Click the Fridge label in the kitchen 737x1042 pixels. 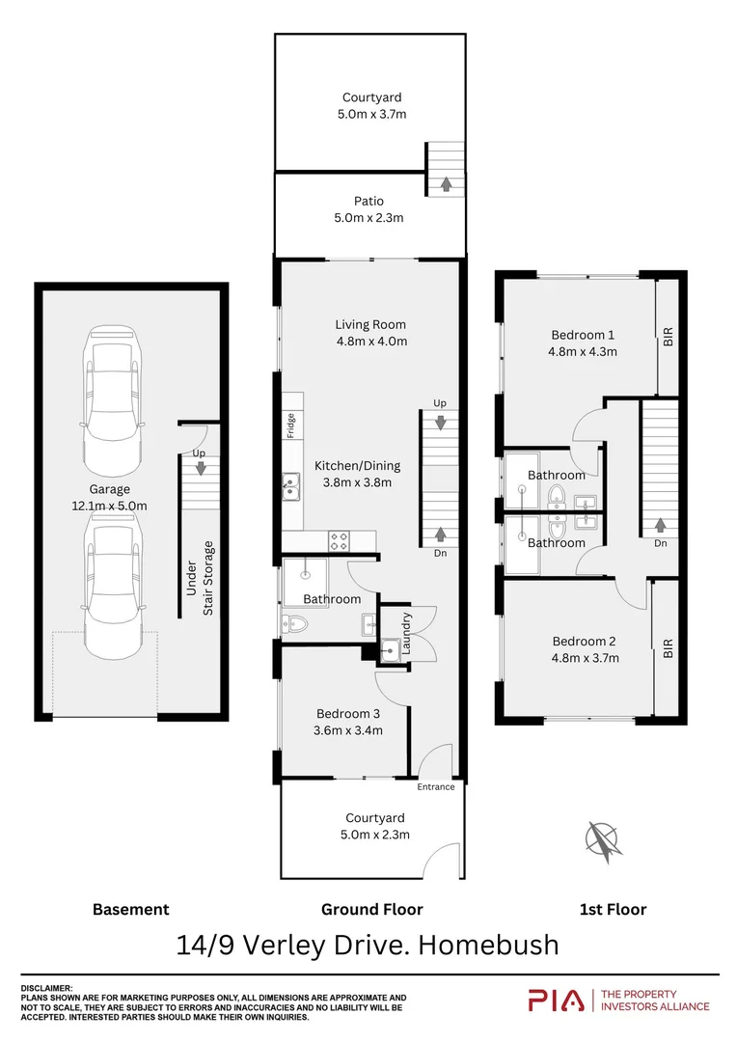click(290, 425)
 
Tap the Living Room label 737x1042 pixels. click(370, 325)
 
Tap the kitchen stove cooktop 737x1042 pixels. click(339, 541)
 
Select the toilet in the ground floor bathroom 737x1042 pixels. click(293, 624)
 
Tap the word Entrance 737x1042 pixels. click(435, 787)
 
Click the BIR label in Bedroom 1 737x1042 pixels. click(668, 337)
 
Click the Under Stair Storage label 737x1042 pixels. click(201, 579)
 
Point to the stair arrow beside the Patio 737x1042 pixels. click(445, 182)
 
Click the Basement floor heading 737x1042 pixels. click(130, 909)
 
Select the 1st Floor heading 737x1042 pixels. click(612, 909)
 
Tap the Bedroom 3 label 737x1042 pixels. click(348, 714)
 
